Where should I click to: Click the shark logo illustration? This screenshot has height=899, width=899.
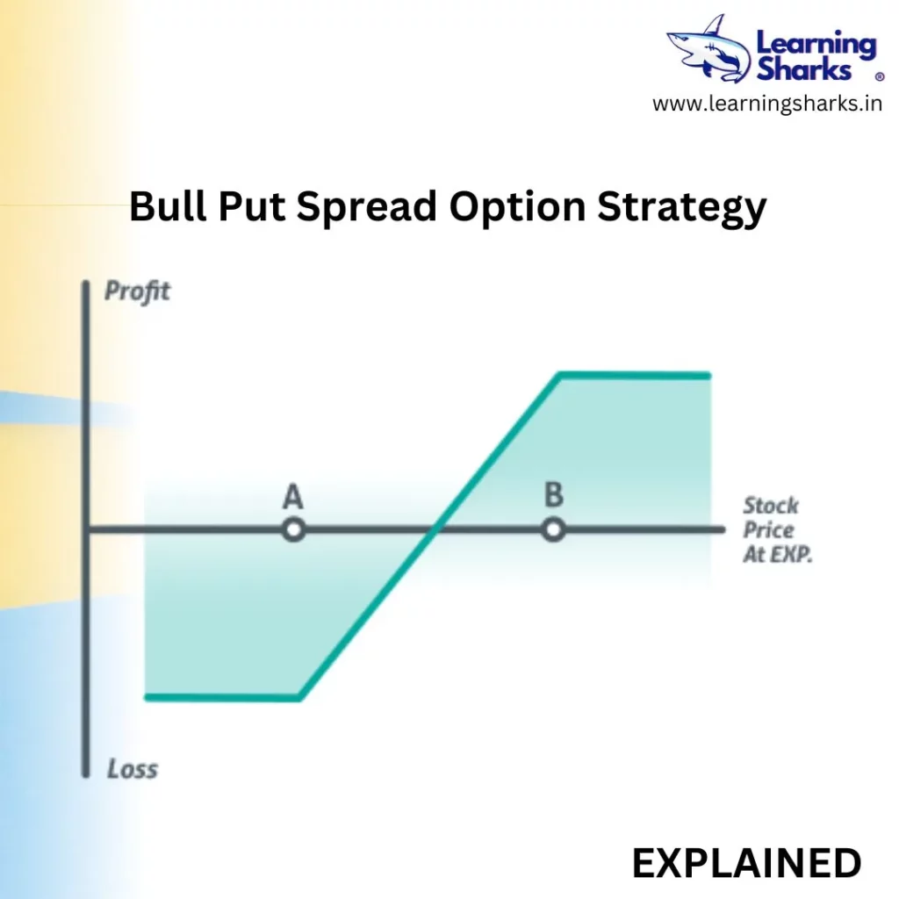click(709, 50)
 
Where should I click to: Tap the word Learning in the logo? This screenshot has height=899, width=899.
click(816, 45)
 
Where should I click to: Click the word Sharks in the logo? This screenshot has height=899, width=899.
click(804, 70)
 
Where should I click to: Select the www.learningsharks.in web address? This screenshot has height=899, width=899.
click(767, 104)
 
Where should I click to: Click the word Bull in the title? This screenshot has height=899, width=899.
click(168, 205)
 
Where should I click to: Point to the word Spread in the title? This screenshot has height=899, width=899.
click(367, 207)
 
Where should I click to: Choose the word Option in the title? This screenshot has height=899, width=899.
click(517, 207)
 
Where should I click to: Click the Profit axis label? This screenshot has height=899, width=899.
click(137, 291)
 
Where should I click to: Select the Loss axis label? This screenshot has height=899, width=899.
click(133, 769)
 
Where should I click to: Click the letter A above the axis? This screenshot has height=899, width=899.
click(292, 497)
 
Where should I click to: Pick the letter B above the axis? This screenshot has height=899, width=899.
click(554, 494)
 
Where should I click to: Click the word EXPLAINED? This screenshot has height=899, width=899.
click(746, 863)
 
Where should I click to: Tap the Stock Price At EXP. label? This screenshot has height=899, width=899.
click(778, 529)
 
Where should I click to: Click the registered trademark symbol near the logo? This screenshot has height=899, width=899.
click(880, 77)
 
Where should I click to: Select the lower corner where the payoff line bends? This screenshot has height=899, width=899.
click(300, 698)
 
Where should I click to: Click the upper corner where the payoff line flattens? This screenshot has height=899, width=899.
click(560, 376)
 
